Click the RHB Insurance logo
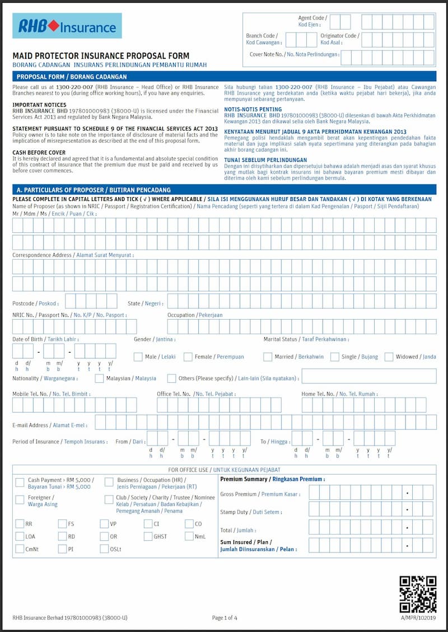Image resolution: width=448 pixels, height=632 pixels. [67, 26]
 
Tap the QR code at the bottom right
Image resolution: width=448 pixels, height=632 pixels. [418, 594]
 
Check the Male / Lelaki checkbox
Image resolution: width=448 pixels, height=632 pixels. [138, 357]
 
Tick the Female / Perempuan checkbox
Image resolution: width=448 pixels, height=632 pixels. [188, 357]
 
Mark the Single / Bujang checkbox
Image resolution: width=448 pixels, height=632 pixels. [335, 357]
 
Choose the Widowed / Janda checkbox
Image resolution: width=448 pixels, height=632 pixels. [389, 357]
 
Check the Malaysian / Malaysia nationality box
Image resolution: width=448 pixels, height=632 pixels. [99, 378]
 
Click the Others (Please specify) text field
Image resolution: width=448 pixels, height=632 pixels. [368, 376]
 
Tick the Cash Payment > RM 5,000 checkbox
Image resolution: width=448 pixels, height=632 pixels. [20, 482]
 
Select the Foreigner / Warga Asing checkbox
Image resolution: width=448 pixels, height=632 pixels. [20, 499]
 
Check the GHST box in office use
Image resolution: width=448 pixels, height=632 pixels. [148, 536]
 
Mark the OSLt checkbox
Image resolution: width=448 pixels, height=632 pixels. [104, 549]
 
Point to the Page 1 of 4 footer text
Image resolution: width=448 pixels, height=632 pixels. [225, 618]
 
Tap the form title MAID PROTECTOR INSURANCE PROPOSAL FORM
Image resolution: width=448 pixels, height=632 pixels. [101, 56]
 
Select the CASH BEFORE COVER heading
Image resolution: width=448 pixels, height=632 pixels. [39, 152]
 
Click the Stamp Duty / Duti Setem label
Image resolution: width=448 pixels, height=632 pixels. [251, 512]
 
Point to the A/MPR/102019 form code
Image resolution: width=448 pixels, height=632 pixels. [418, 618]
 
